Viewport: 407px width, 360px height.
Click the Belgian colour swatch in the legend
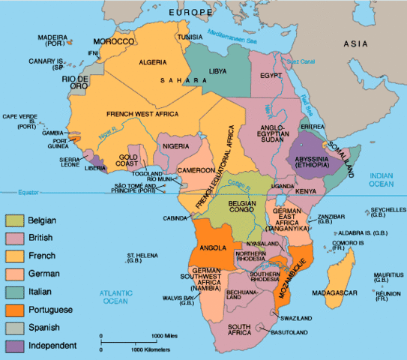15,220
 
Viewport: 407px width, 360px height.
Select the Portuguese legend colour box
15,309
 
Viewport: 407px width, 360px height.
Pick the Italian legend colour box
15,291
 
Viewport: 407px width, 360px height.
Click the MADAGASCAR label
353,293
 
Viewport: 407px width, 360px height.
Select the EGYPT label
271,76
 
